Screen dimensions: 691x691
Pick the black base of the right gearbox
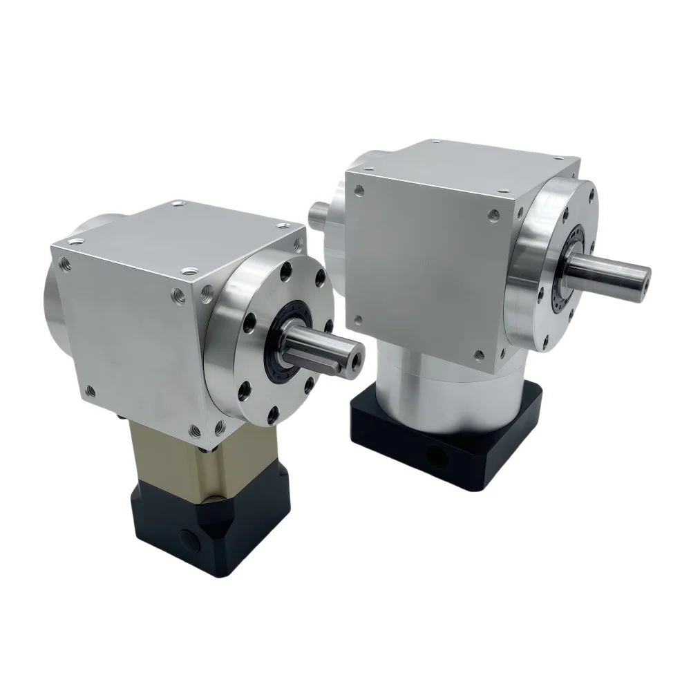(442, 442)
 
